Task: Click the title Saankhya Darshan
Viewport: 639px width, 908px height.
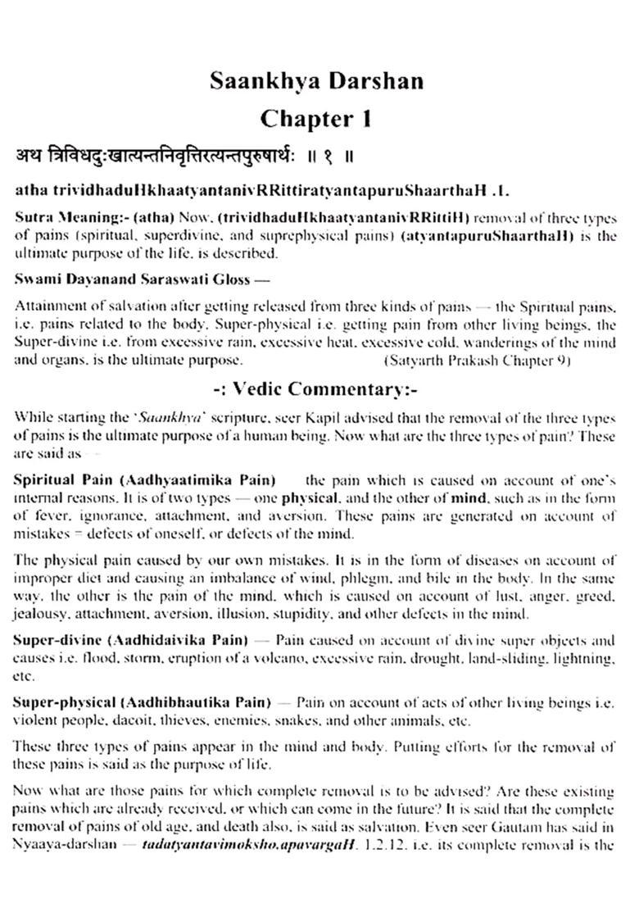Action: tap(315, 80)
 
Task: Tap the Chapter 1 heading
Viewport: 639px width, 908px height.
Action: tap(315, 118)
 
